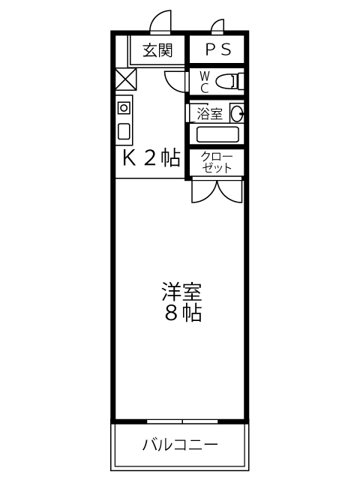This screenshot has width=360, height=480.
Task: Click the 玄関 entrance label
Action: tap(158, 50)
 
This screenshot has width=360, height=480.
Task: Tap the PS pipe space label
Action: tap(218, 49)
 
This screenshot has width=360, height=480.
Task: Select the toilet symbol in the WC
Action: tap(229, 81)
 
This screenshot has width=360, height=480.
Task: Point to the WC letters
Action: tap(204, 82)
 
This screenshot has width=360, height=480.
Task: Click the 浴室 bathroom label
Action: tap(209, 114)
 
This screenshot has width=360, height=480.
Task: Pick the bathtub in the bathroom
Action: tap(217, 134)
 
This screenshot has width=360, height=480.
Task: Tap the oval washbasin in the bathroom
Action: tap(237, 113)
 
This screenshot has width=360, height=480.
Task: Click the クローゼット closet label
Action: tap(217, 163)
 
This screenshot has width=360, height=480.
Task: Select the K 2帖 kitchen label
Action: tap(151, 158)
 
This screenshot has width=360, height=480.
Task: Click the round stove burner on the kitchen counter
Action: tap(124, 108)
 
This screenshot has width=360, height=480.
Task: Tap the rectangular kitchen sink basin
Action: tap(124, 131)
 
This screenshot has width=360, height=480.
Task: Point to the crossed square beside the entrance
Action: tap(126, 79)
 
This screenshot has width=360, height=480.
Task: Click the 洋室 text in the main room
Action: tap(181, 292)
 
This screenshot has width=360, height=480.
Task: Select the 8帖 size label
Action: tap(183, 313)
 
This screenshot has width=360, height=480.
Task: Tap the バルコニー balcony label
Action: tap(180, 445)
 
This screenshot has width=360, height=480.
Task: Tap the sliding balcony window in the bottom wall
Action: tap(182, 421)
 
